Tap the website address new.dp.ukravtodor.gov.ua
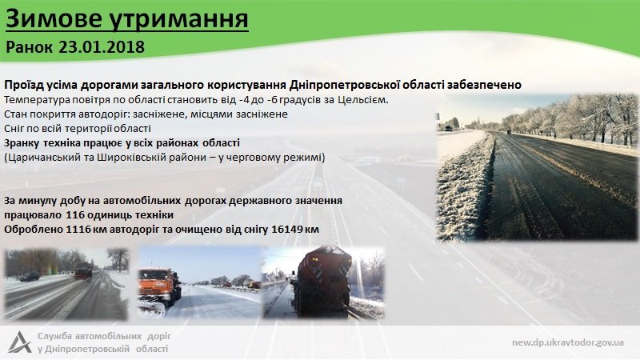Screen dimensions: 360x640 tap(569, 342)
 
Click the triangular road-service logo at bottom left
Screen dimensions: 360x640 tap(18, 342)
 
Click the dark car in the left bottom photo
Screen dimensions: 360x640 tap(29, 277)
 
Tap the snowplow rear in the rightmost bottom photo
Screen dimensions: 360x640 tap(319, 280)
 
